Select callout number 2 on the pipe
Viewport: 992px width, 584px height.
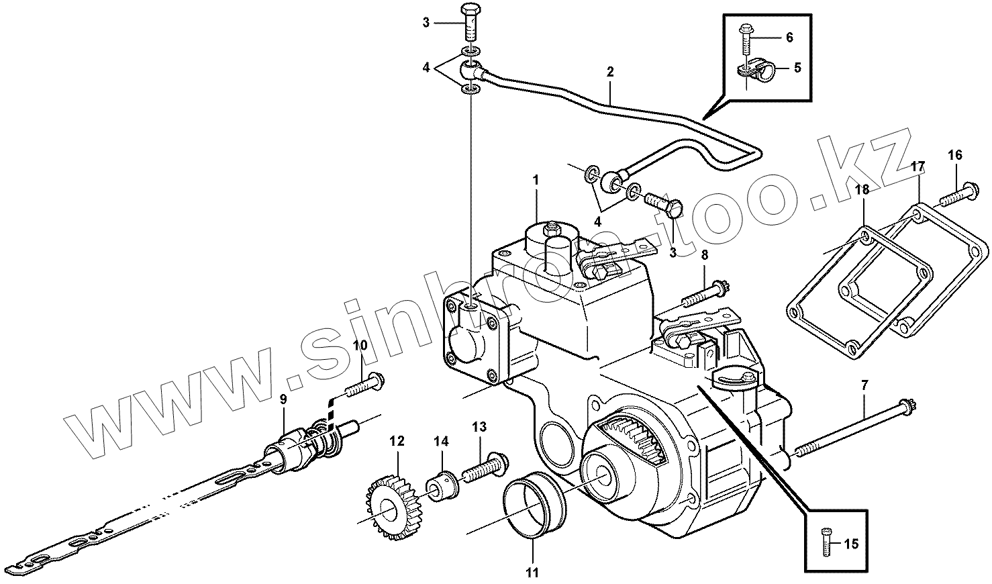[x=610, y=72]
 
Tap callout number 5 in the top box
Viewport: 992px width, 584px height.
[x=797, y=67]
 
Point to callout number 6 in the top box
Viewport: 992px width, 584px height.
[x=789, y=38]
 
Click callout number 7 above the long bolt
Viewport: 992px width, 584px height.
[x=864, y=385]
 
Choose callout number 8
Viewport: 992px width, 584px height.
[x=704, y=255]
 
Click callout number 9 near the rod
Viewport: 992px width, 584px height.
[x=283, y=399]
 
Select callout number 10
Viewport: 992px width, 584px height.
[x=360, y=346]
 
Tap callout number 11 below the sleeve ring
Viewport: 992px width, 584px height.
[x=532, y=573]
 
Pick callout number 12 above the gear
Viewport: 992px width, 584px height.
[x=397, y=441]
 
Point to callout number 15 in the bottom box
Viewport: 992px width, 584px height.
[x=850, y=544]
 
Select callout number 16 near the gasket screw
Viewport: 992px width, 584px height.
[x=955, y=155]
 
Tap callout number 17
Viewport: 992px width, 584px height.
[x=918, y=165]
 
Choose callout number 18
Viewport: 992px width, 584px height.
[x=862, y=190]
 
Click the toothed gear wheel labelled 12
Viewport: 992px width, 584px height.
[x=389, y=503]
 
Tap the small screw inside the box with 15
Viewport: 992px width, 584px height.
[x=826, y=540]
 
